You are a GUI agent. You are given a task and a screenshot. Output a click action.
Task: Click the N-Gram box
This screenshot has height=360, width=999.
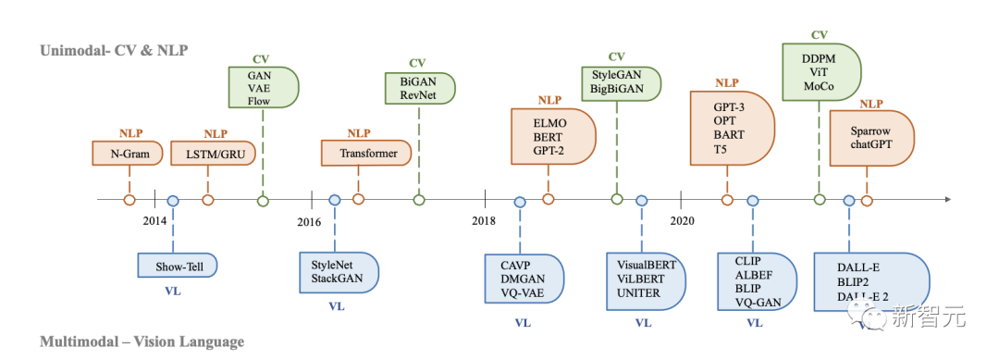(128, 153)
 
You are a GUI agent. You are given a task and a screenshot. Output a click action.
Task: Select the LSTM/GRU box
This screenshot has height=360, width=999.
(214, 153)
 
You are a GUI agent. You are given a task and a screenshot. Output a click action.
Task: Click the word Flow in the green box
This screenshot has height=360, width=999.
(259, 101)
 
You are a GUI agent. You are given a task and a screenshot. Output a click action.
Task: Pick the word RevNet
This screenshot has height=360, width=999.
(416, 94)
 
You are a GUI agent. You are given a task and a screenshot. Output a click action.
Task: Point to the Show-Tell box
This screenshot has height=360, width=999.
(178, 266)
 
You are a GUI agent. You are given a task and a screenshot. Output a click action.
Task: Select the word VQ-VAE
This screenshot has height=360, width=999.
(523, 293)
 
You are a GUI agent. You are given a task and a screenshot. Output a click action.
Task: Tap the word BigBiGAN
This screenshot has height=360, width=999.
(616, 89)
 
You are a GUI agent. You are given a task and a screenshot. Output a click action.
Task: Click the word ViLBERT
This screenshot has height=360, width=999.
(640, 279)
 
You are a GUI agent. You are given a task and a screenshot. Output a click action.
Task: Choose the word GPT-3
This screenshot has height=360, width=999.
(730, 107)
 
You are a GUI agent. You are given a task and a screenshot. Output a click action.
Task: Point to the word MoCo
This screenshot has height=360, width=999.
(818, 87)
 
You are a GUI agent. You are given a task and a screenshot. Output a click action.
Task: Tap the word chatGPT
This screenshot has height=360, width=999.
(871, 144)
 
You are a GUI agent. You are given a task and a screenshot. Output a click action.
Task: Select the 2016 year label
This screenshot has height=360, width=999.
(309, 221)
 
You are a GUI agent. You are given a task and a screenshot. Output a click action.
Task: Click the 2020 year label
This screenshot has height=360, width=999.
(682, 221)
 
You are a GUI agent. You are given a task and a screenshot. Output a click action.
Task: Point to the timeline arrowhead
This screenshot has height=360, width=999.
(947, 199)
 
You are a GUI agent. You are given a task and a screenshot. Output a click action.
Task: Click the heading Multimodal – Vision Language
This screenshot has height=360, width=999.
(142, 342)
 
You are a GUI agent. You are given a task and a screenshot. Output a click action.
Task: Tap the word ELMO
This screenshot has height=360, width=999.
(550, 123)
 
